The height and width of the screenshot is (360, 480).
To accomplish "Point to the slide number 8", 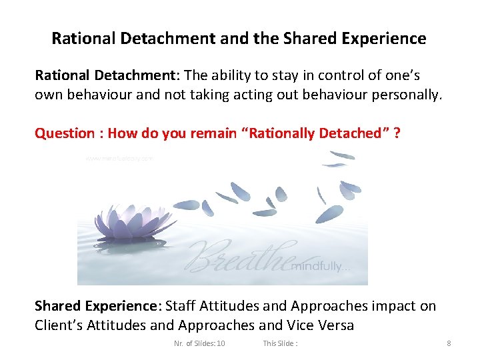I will (x=449, y=343).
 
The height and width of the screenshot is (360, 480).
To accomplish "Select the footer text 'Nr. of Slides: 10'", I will (x=199, y=343).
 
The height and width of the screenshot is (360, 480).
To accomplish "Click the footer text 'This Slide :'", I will (x=280, y=343).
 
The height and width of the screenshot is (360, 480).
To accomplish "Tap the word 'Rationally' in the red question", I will (x=280, y=133).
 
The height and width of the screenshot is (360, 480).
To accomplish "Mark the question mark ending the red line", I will (x=397, y=133).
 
